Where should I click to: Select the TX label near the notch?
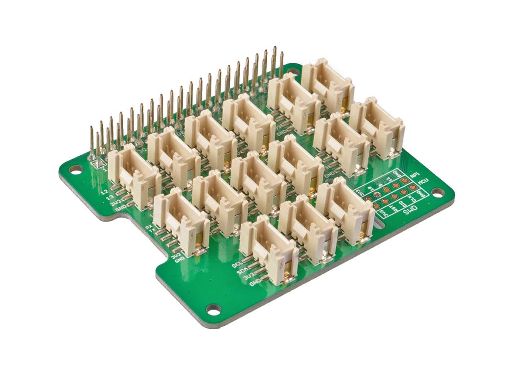pos(152,231)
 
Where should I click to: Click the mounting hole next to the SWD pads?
pos(438,192)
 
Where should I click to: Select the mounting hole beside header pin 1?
pos(75,169)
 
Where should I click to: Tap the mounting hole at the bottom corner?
pos(213,309)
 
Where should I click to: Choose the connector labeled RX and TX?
pos(182,222)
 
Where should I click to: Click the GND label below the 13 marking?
pos(120,209)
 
